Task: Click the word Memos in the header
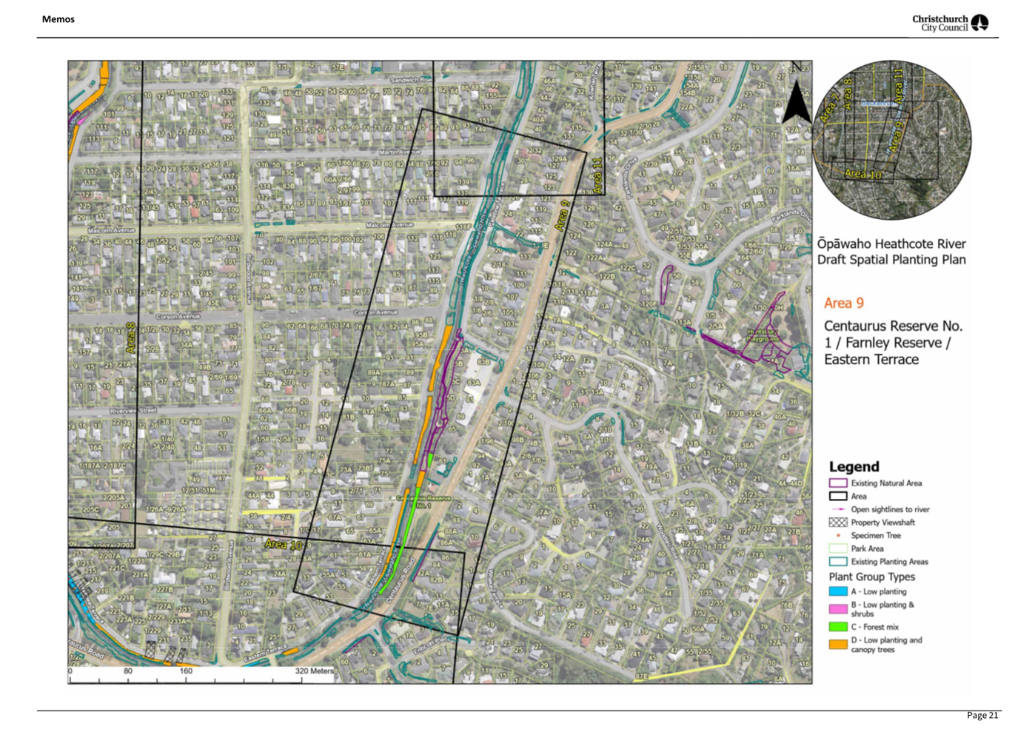(x=58, y=19)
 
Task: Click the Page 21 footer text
(x=982, y=715)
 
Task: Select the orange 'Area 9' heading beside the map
(x=843, y=303)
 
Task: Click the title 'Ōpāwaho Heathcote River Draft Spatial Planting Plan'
(x=891, y=252)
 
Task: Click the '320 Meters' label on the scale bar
(x=315, y=671)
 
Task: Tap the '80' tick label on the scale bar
(x=128, y=671)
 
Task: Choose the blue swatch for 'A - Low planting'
(x=837, y=591)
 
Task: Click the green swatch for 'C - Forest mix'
(x=837, y=627)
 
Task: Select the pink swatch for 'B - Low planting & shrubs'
(x=837, y=608)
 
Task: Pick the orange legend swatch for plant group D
(x=837, y=644)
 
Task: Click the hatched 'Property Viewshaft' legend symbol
(x=837, y=523)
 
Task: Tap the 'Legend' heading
(x=854, y=467)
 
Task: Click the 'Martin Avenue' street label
(x=400, y=152)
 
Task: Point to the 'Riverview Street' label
(x=133, y=410)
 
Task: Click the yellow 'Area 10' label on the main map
(x=282, y=545)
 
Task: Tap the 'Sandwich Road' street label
(x=411, y=80)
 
